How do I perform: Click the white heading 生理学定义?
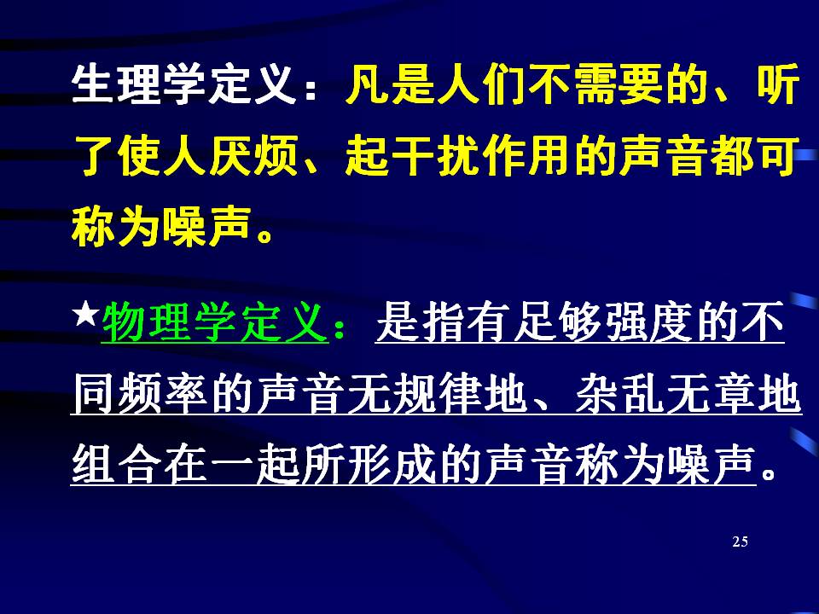point(184,84)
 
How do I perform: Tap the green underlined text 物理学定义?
point(215,322)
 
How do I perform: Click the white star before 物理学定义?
point(87,315)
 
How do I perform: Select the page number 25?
point(741,542)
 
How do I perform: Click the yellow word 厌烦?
point(254,155)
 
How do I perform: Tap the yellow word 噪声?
point(207,227)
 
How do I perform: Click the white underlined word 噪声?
point(711,465)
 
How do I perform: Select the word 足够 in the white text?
point(557,322)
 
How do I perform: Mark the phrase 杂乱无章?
point(665,393)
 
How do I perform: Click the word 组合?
point(116,465)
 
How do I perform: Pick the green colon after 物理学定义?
point(340,330)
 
